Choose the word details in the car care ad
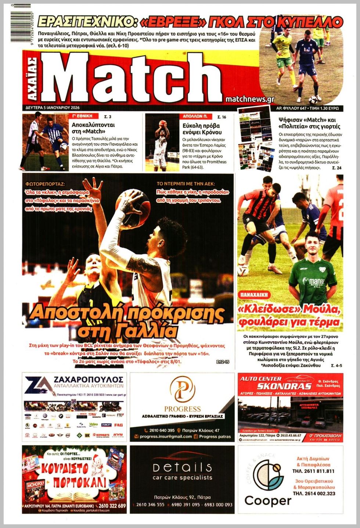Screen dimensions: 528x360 click(182, 467)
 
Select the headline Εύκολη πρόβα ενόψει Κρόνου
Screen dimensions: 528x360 click(202, 129)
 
